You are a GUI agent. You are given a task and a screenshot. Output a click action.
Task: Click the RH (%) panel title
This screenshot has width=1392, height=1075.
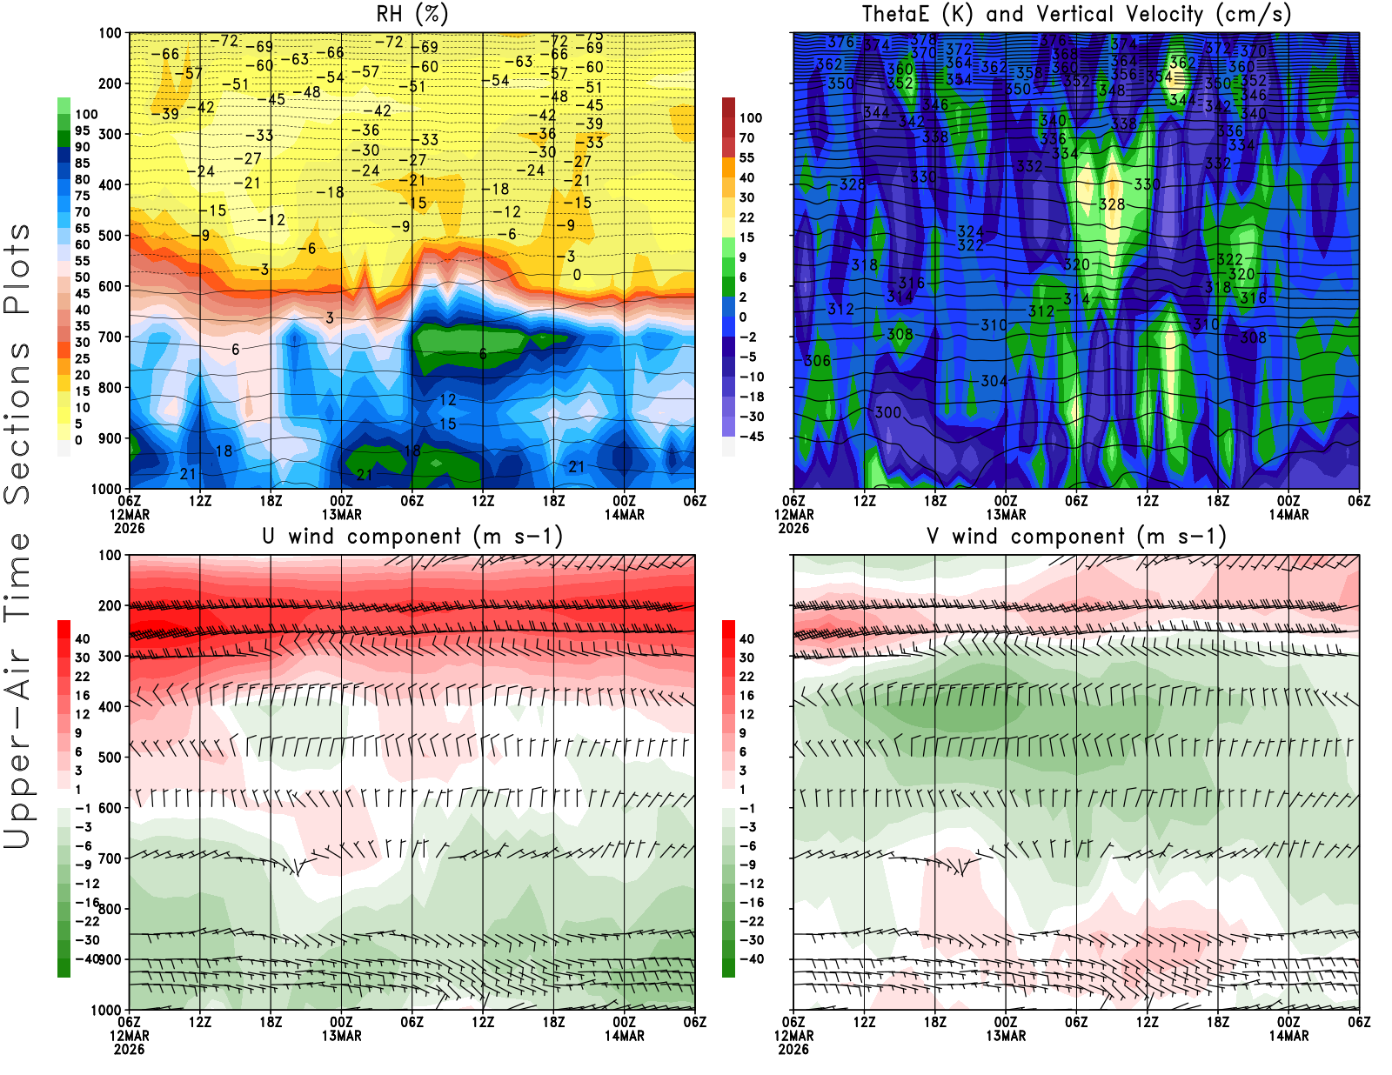coord(412,14)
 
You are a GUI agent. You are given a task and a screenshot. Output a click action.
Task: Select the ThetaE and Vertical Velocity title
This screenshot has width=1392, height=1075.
coord(1076,14)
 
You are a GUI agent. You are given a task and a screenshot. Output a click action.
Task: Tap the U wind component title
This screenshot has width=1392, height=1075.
coord(412,536)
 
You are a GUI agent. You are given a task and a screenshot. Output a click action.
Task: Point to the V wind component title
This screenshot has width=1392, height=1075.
coord(1076,536)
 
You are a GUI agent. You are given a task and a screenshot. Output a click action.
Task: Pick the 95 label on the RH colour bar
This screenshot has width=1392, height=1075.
coord(82,130)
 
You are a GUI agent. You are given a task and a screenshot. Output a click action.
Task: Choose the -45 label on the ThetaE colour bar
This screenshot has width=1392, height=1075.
coord(751,437)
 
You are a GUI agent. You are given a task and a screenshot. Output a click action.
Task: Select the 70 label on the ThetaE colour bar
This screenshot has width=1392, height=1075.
coord(746,137)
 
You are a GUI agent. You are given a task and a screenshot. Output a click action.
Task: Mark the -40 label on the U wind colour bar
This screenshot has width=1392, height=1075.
coord(86,958)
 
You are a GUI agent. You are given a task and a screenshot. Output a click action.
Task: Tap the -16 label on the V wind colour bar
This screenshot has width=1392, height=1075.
coord(751,902)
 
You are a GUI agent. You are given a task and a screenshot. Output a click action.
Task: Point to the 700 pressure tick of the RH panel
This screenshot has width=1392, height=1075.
coord(110,337)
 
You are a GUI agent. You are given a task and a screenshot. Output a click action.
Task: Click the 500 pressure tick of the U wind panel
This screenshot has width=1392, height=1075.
coord(110,758)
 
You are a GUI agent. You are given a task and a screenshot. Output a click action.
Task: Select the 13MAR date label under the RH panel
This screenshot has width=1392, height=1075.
coord(341,514)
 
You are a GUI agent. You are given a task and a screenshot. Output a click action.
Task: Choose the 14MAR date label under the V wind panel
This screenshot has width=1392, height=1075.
coord(1288,1036)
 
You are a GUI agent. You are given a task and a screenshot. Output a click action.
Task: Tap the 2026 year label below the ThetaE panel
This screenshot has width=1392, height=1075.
coord(793,528)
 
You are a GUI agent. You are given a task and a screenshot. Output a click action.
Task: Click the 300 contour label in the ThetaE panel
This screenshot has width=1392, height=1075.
coord(888,412)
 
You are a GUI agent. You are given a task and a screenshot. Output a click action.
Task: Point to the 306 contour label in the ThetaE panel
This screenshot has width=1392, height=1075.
coord(817,360)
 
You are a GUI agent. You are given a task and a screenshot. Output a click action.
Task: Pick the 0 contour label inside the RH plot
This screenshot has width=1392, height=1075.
coord(577,275)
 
